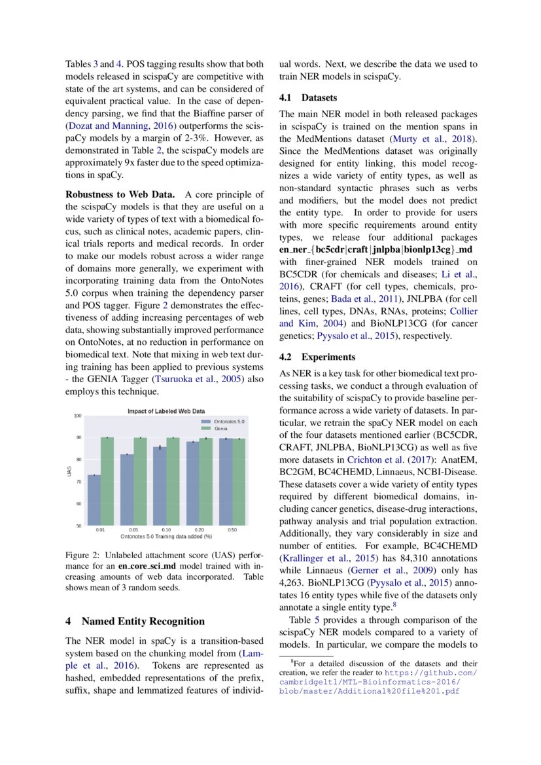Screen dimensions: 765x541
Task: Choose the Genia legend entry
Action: click(220, 428)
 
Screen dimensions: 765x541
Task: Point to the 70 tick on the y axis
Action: click(78, 482)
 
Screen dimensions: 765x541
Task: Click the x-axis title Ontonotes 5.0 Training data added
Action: click(166, 536)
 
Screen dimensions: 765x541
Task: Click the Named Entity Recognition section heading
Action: click(135, 621)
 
